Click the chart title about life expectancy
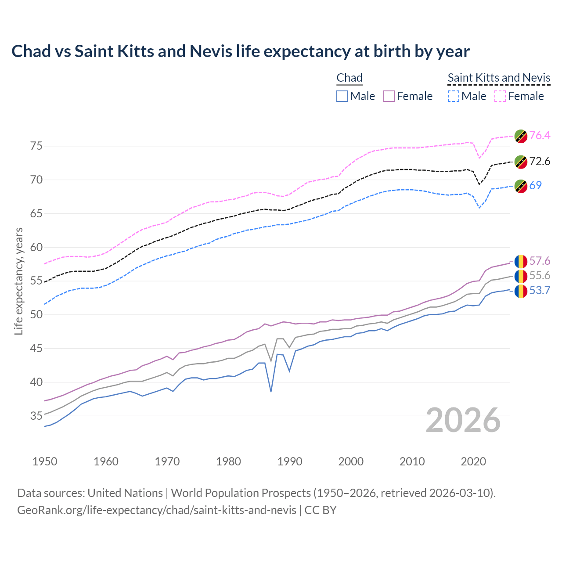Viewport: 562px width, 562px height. [x=240, y=51]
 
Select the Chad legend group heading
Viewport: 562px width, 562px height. [x=349, y=78]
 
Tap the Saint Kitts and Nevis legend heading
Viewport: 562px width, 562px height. [x=499, y=78]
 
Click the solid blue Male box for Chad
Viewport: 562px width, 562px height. [x=342, y=96]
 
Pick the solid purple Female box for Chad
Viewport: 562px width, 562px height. [x=389, y=96]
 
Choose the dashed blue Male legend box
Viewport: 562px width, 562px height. [x=453, y=96]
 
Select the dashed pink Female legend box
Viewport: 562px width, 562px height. [x=500, y=96]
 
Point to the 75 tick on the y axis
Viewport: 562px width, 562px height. [x=36, y=146]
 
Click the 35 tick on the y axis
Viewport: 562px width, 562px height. [x=36, y=416]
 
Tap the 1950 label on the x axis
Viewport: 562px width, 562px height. [x=45, y=461]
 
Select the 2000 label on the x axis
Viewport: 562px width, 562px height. [x=351, y=461]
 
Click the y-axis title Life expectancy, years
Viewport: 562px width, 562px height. [x=18, y=281]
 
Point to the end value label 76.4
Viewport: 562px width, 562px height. [x=540, y=135]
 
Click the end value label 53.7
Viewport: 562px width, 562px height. [x=540, y=291]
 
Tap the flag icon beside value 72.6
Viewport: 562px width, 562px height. [x=521, y=162]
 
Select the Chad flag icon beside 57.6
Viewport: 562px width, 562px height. [x=521, y=261]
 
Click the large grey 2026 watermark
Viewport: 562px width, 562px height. [x=463, y=420]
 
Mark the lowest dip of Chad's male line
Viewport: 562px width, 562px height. [x=271, y=391]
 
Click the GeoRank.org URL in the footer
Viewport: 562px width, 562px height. [x=157, y=510]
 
